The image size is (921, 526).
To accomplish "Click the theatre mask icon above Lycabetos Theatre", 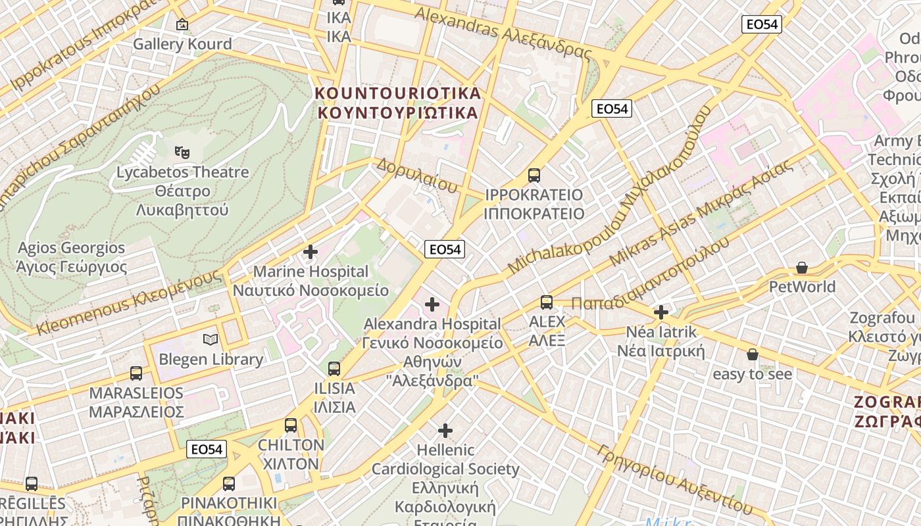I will [182, 153].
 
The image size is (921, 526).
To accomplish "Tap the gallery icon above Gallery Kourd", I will [182, 25].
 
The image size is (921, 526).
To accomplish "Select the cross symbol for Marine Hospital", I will [311, 252].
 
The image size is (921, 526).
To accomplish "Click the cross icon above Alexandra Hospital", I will [432, 304].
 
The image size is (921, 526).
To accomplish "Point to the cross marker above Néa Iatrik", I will [661, 312].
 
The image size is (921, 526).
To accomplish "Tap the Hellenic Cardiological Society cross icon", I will [445, 431].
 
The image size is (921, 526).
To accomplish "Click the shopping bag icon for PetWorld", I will [801, 268].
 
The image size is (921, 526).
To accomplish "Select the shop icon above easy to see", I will [753, 355].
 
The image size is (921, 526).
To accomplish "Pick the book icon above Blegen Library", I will [211, 340].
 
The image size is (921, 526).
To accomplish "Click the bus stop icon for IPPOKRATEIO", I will [534, 176].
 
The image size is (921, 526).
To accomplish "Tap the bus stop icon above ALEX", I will [547, 302].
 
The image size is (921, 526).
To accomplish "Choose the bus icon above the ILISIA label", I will [334, 369].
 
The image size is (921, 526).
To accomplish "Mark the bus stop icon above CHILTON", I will [291, 425].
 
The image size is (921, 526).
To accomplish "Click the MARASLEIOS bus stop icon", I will [136, 373].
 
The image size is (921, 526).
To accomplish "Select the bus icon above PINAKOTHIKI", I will [229, 484].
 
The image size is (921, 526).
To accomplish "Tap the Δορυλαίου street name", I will [416, 176].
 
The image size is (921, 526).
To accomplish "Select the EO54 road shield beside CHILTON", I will [207, 449].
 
